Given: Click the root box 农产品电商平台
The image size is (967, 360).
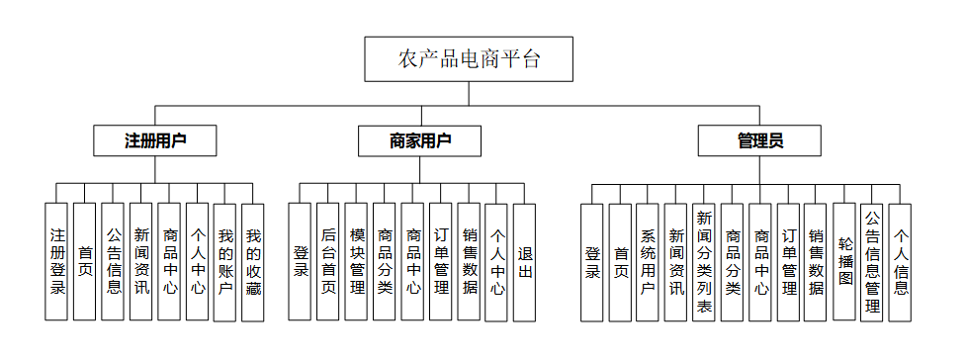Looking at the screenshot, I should tap(470, 58).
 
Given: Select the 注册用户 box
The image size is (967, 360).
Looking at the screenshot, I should tap(156, 141).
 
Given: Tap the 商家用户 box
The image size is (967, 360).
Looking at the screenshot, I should tap(420, 141).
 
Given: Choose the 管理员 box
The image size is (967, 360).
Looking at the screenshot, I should tap(759, 141).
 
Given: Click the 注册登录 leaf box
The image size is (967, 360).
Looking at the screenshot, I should tap(57, 262).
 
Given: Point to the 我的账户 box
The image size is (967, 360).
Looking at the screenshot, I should tap(226, 262).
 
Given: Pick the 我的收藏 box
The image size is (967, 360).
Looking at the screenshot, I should tap(254, 262).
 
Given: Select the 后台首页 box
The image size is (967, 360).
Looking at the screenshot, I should tap(328, 262).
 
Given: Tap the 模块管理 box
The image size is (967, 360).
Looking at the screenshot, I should tap(357, 262).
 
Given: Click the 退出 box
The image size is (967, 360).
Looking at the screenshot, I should tap(525, 262).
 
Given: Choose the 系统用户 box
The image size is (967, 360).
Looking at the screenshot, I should tap(649, 262).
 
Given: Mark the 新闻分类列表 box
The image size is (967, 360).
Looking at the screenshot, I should tap(704, 262).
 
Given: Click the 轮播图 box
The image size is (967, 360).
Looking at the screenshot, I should tap(843, 262).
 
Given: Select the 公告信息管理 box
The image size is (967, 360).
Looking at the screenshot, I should tap(872, 262).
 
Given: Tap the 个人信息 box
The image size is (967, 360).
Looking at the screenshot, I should tap(900, 262).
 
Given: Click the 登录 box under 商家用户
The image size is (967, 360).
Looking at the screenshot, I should tap(301, 262).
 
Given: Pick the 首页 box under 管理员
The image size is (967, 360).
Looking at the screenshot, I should tap(620, 262).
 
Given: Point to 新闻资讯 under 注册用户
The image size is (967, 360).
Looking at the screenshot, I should tap(141, 262).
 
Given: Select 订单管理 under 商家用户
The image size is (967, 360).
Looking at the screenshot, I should tap(441, 262).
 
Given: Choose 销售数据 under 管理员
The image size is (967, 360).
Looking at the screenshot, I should tap(816, 262).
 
